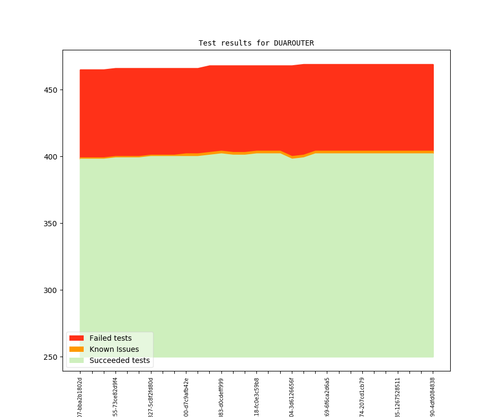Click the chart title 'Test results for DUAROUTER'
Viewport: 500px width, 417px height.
click(256, 43)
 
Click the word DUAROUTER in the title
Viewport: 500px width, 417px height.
click(293, 43)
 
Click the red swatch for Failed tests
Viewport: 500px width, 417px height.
click(76, 338)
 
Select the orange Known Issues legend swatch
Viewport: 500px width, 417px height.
click(76, 349)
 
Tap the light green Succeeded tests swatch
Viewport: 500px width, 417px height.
click(76, 361)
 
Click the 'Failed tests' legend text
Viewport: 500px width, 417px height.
click(110, 338)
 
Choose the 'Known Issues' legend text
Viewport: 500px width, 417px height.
click(114, 349)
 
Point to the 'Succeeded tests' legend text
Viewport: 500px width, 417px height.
click(119, 361)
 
